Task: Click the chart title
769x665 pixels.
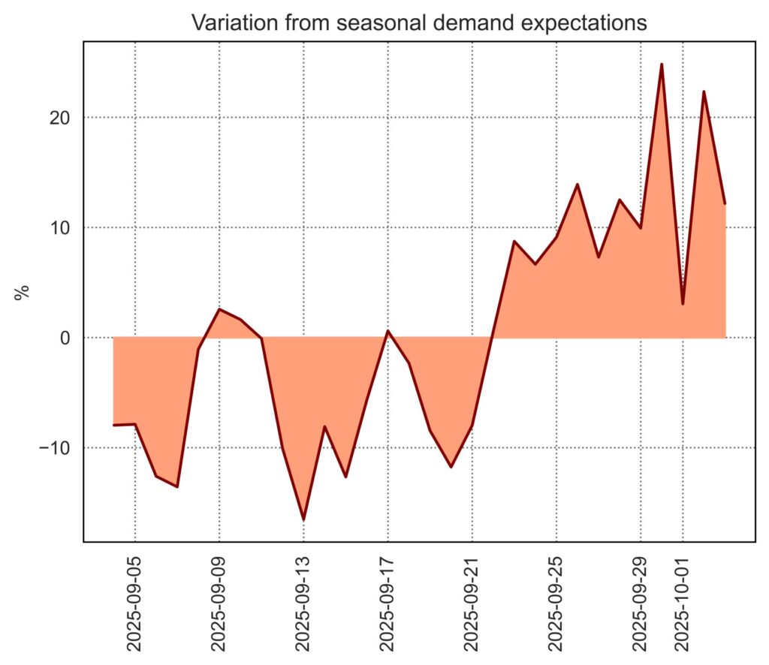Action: [418, 23]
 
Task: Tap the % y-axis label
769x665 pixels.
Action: [23, 291]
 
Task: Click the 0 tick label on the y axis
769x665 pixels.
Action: [66, 338]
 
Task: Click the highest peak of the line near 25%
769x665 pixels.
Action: [662, 64]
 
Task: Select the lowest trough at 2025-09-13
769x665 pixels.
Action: [303, 519]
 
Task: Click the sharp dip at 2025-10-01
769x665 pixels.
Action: [683, 303]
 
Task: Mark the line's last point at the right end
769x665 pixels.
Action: [725, 203]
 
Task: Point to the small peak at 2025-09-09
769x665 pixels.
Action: [219, 309]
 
